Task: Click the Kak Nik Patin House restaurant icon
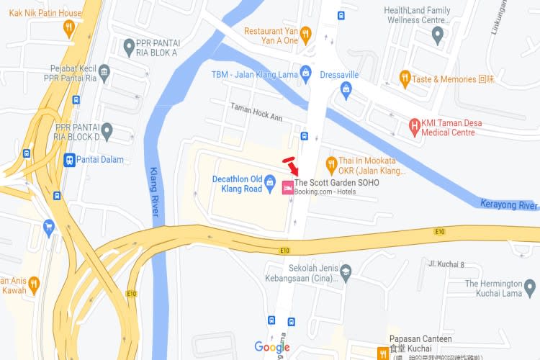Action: click(x=69, y=28)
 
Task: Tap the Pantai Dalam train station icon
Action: click(x=69, y=160)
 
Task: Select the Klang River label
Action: click(x=153, y=192)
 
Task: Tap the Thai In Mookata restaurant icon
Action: click(x=332, y=163)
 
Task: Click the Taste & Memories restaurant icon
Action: click(x=405, y=78)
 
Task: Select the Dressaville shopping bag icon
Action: click(x=346, y=89)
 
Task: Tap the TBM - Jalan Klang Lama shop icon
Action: click(x=306, y=73)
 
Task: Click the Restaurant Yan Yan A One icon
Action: click(x=305, y=32)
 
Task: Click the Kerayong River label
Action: click(x=509, y=205)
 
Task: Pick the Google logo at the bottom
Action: click(x=272, y=348)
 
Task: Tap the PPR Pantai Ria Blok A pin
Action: click(x=130, y=48)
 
